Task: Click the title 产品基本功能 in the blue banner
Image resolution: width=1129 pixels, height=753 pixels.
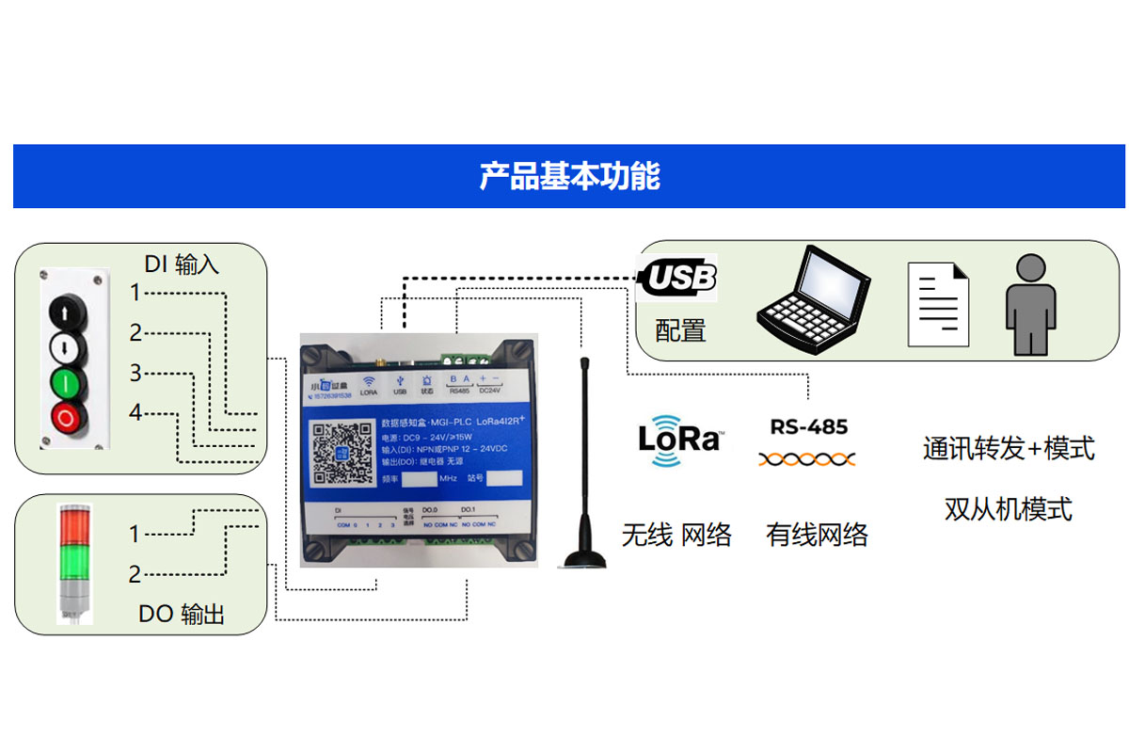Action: click(569, 176)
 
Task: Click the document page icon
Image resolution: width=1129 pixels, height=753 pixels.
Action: click(937, 303)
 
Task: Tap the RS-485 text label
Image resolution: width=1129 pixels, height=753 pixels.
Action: click(808, 426)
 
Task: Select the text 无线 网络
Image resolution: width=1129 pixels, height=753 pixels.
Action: click(676, 536)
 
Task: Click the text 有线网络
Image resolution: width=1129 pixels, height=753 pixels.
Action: click(817, 536)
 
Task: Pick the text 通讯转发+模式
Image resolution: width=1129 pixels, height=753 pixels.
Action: click(1009, 449)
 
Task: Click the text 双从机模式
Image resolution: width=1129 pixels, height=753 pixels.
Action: click(1009, 509)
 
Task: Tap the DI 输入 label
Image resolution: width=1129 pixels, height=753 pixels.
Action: click(181, 264)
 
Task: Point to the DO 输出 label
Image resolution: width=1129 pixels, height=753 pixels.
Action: click(182, 614)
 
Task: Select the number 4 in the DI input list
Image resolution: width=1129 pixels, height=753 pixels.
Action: click(135, 412)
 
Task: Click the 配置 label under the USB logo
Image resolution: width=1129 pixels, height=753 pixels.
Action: click(680, 330)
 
